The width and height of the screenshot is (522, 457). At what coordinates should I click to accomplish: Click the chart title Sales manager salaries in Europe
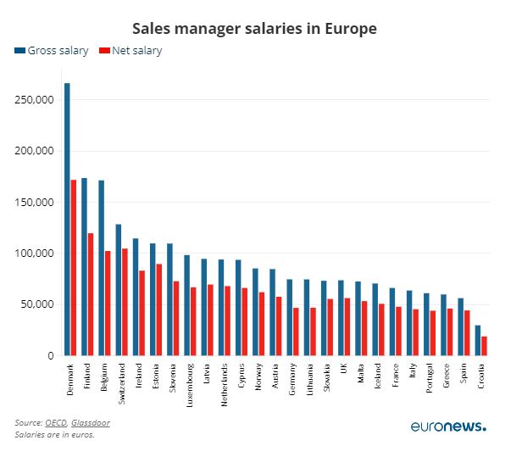[254, 29]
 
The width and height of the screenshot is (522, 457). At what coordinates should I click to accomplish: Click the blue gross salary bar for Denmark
[68, 220]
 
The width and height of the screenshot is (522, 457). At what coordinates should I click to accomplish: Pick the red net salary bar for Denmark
[74, 268]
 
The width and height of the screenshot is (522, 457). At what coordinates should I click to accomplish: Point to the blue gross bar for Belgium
[102, 268]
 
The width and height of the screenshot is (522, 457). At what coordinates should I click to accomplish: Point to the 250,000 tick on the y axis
[35, 100]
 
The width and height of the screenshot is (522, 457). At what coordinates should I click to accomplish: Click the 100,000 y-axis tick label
[35, 254]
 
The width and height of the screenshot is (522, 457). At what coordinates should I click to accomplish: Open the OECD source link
[57, 422]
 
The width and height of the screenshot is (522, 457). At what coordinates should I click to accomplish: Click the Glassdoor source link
[91, 422]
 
